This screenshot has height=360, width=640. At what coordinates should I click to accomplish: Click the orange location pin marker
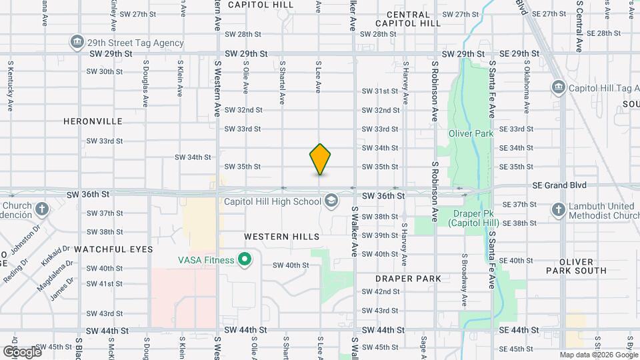click(x=320, y=159)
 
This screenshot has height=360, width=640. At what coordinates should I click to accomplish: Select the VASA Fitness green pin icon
click(x=245, y=259)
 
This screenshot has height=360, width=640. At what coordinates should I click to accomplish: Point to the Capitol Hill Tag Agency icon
click(x=558, y=87)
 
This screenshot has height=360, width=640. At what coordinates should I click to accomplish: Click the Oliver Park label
click(x=470, y=133)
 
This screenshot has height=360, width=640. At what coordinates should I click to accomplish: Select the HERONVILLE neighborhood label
click(x=93, y=121)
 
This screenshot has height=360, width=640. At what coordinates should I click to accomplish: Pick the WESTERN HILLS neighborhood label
click(x=281, y=237)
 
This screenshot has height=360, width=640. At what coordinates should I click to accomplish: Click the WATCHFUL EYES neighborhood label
click(x=113, y=249)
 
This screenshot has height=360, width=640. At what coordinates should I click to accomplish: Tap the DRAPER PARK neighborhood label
click(x=407, y=277)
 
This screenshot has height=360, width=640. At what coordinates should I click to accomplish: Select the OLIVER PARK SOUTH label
click(x=576, y=265)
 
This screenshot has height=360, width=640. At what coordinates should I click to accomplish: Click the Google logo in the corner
click(x=22, y=351)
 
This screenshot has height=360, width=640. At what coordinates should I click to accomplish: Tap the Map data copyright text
click(x=597, y=355)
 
